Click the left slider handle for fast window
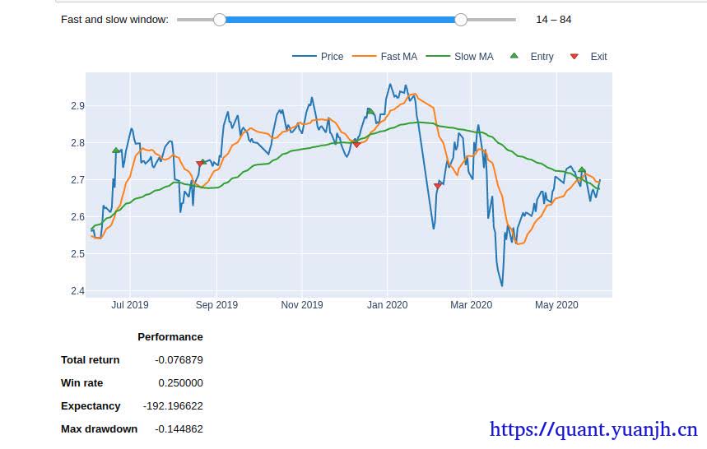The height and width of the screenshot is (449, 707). pyautogui.click(x=220, y=20)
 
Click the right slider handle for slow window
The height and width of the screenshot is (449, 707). pyautogui.click(x=461, y=20)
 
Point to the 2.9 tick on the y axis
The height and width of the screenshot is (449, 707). pyautogui.click(x=77, y=106)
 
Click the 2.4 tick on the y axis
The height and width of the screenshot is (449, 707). pyautogui.click(x=77, y=291)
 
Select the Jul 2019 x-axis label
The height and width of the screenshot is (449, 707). pyautogui.click(x=130, y=305)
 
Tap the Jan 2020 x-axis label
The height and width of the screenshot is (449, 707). pyautogui.click(x=387, y=305)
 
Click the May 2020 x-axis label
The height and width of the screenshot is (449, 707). pyautogui.click(x=556, y=305)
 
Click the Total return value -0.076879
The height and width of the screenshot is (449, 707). pyautogui.click(x=179, y=360)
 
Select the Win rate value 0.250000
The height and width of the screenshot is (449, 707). pyautogui.click(x=180, y=383)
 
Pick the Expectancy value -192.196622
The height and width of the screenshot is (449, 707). pyautogui.click(x=173, y=406)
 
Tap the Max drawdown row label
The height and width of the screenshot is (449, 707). pyautogui.click(x=99, y=429)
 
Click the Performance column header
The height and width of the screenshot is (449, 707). pyautogui.click(x=170, y=337)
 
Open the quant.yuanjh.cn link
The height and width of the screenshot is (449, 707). pyautogui.click(x=593, y=429)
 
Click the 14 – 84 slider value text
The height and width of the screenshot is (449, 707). pyautogui.click(x=553, y=20)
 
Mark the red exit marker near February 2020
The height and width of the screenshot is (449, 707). pyautogui.click(x=438, y=187)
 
